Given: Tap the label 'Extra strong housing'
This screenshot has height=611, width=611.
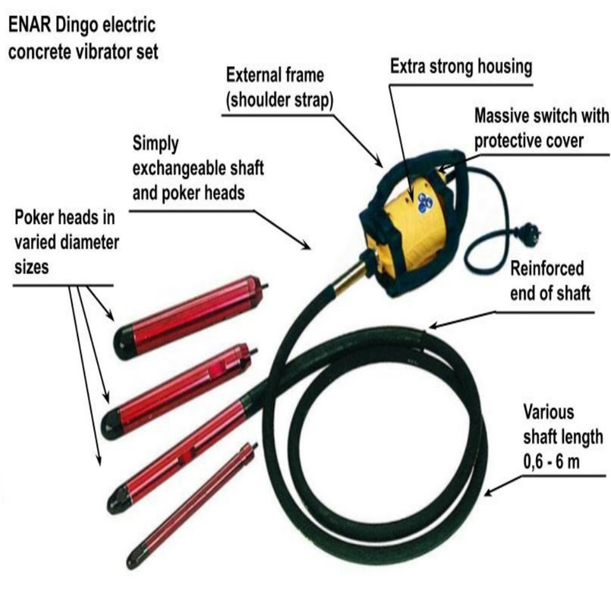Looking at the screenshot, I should (461, 67).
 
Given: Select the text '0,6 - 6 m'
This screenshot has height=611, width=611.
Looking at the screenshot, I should (551, 463).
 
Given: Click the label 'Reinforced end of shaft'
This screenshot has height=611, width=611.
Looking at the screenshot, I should (551, 280).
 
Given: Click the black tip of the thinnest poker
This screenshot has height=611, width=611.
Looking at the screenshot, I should (133, 561).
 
